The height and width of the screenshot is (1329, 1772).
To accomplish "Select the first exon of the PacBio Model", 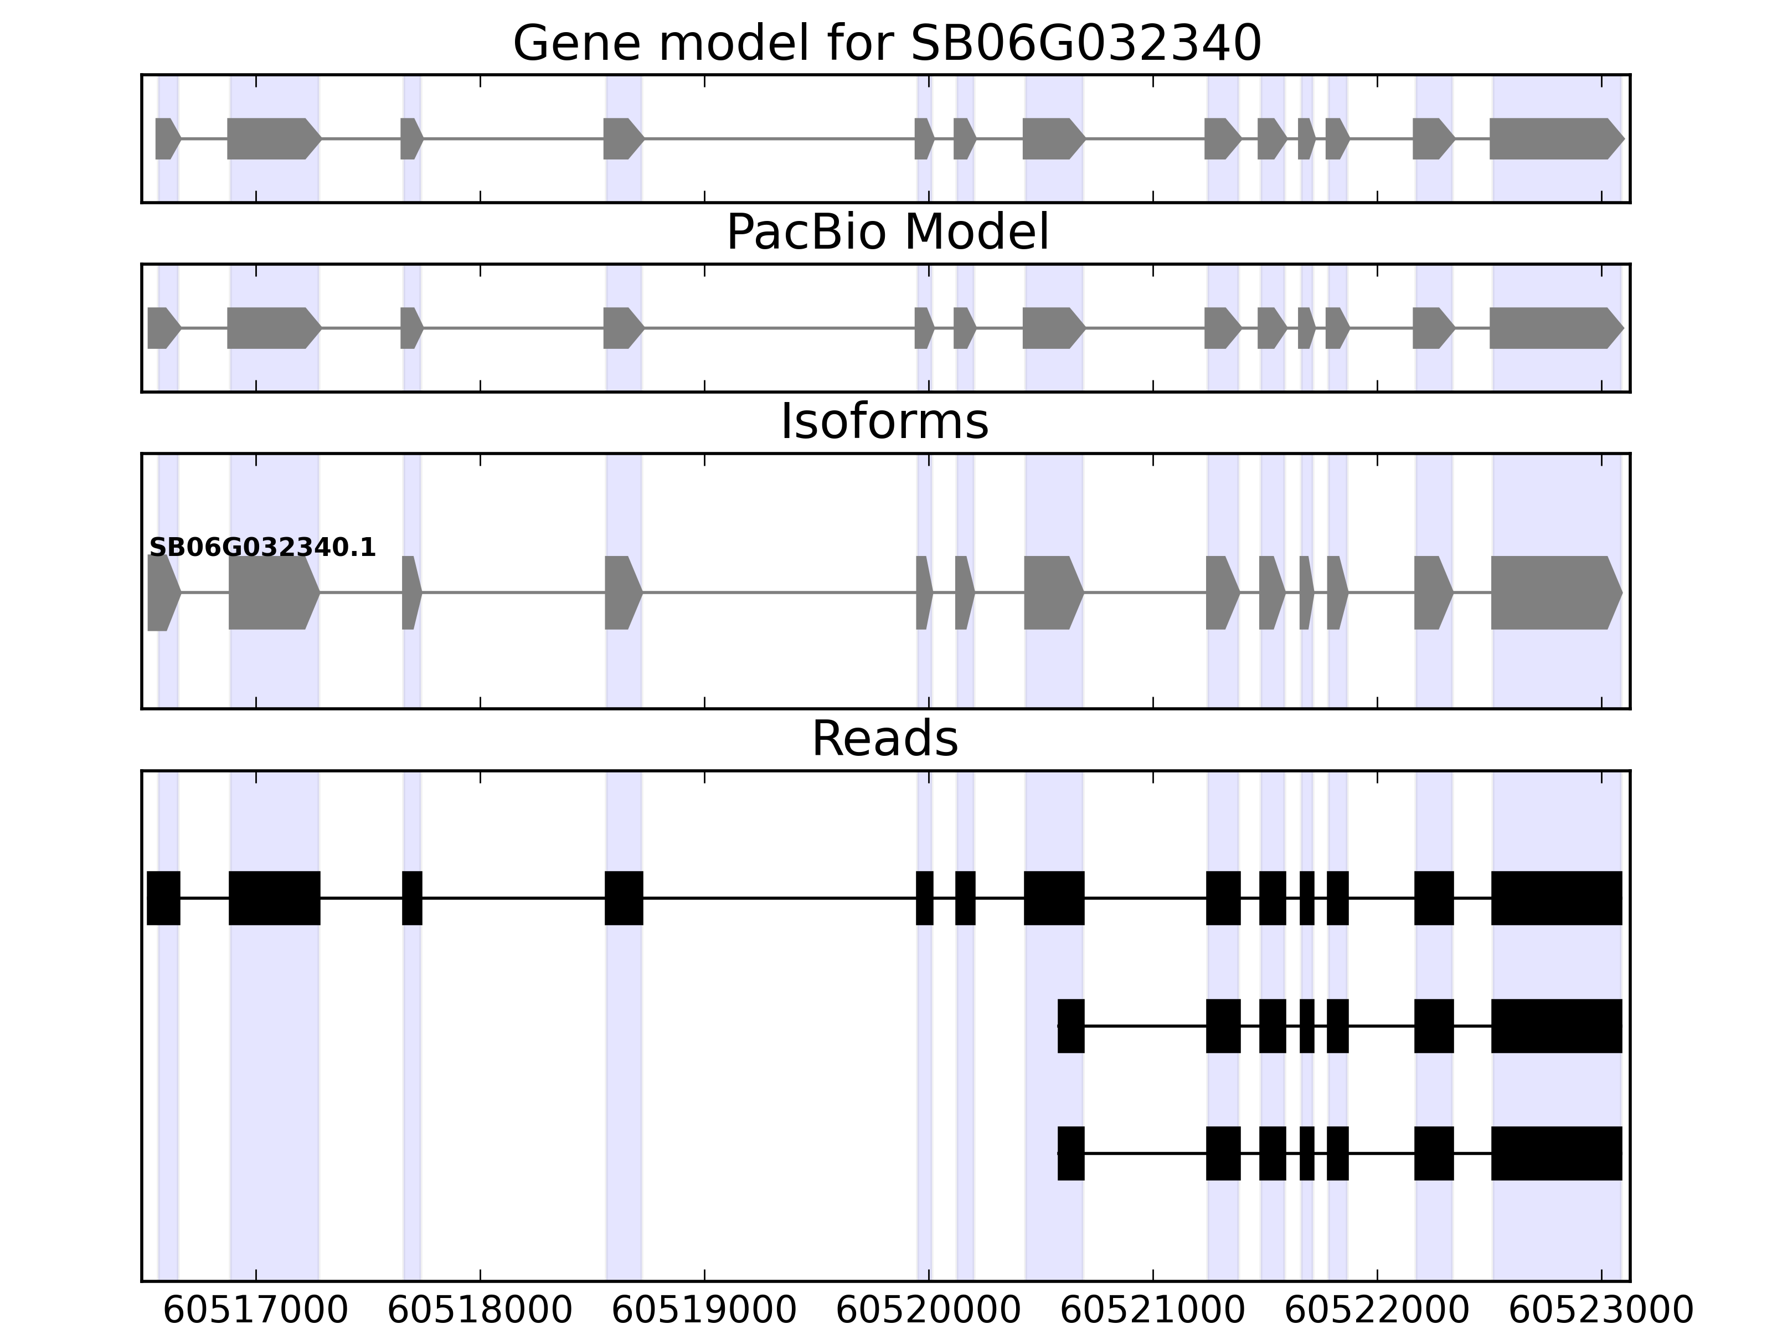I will tap(162, 328).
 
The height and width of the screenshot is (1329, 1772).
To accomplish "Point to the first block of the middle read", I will tap(1071, 1026).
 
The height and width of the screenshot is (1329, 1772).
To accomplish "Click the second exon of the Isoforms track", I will tap(272, 593).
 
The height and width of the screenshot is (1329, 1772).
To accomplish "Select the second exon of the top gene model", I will tap(272, 138).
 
